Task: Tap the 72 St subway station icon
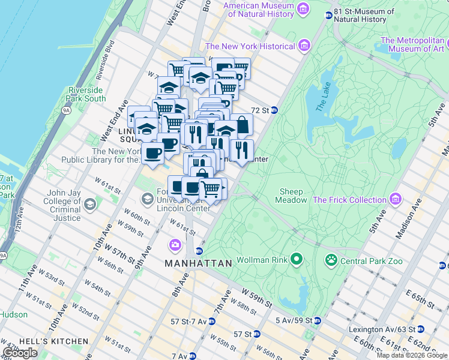click(x=274, y=110)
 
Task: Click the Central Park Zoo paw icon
click(x=331, y=260)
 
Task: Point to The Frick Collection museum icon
click(x=395, y=199)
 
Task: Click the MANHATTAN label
click(x=198, y=263)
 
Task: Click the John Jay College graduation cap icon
click(x=89, y=205)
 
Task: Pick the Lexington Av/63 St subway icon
click(x=421, y=329)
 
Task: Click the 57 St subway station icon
click(x=257, y=334)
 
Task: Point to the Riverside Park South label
click(x=86, y=94)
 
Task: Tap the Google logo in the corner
click(x=20, y=353)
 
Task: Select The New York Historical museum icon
click(x=304, y=46)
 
